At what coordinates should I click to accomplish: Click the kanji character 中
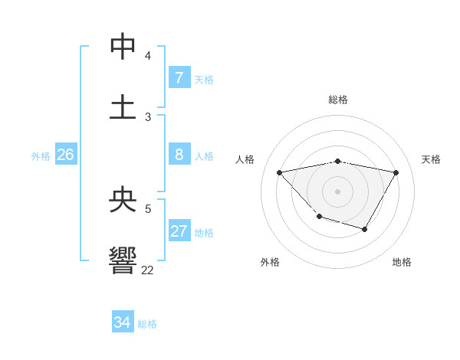pos(123,47)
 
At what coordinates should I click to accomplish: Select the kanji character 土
pos(123,107)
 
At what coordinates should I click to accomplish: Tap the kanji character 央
pos(123,199)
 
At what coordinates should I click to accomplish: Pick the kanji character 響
pos(123,260)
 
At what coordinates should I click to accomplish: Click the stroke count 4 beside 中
pos(148,56)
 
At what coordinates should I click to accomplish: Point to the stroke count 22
pos(147,270)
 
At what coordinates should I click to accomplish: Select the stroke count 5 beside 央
pos(148,208)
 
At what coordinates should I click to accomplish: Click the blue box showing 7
pos(179,77)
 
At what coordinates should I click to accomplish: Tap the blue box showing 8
pos(179,155)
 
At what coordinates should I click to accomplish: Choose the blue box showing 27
pos(179,231)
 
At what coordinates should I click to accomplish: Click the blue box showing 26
pos(65,155)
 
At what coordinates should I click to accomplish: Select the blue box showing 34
pos(122,322)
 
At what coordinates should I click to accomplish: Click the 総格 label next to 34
pos(147,324)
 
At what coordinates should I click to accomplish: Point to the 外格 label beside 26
pos(41,156)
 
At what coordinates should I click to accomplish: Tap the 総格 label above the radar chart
pos(338,100)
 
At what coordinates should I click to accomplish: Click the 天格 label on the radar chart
pos(431,159)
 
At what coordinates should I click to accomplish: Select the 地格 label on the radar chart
pos(402,262)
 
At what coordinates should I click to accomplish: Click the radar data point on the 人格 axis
pos(280,172)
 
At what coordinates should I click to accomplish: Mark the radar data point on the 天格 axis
pos(396,172)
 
